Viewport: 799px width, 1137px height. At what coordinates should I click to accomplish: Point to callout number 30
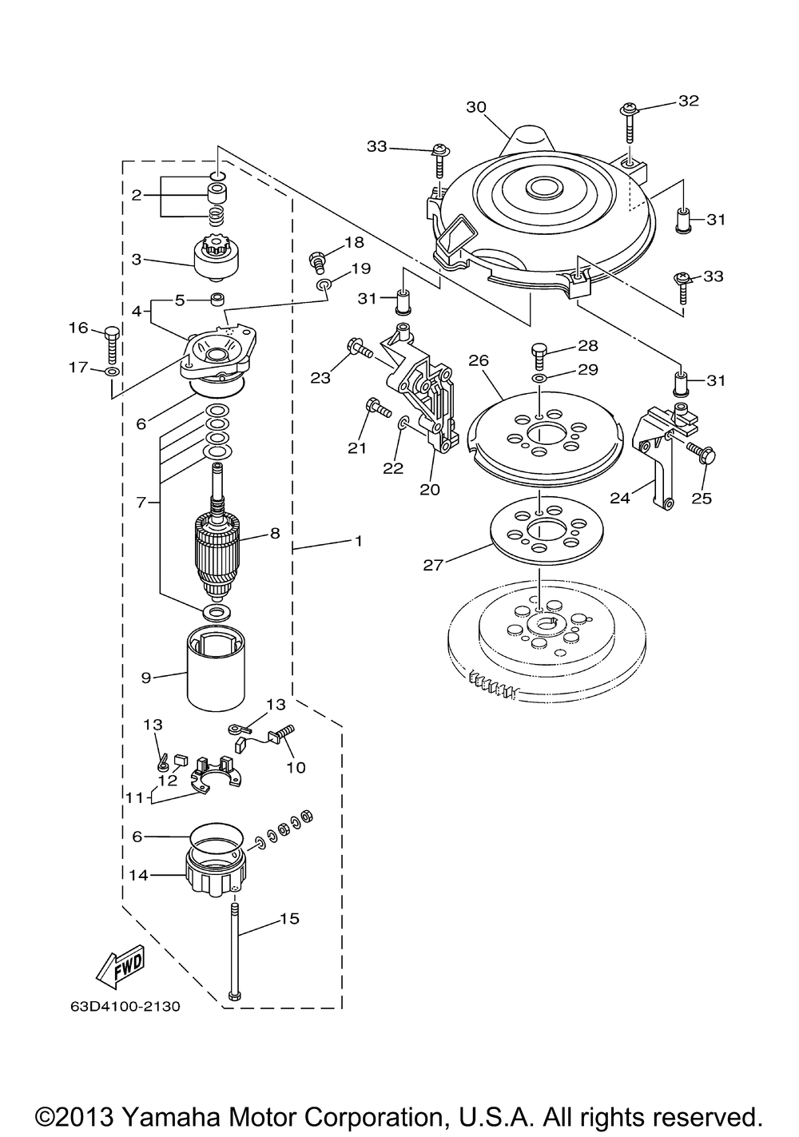pyautogui.click(x=476, y=107)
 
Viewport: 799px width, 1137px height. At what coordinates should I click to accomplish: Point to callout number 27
pyautogui.click(x=432, y=565)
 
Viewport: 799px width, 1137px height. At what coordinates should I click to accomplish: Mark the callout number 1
pyautogui.click(x=358, y=541)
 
